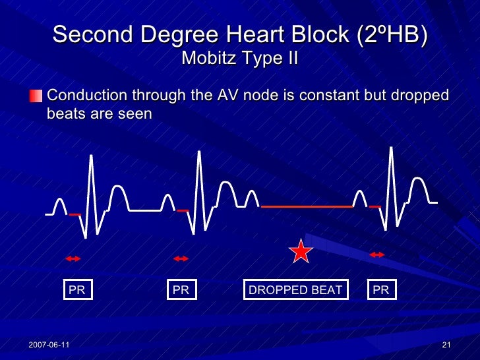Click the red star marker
point(301,251)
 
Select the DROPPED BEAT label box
point(295,290)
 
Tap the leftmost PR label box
point(77,290)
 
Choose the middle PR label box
point(181,290)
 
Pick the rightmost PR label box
point(381,290)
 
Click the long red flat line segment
point(307,206)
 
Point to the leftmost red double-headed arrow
point(73,258)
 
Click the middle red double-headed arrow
point(181,258)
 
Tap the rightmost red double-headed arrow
point(377,255)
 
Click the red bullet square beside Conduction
point(36,96)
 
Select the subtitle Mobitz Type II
point(239,59)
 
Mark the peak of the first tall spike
point(90,156)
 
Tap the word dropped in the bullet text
point(409,96)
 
